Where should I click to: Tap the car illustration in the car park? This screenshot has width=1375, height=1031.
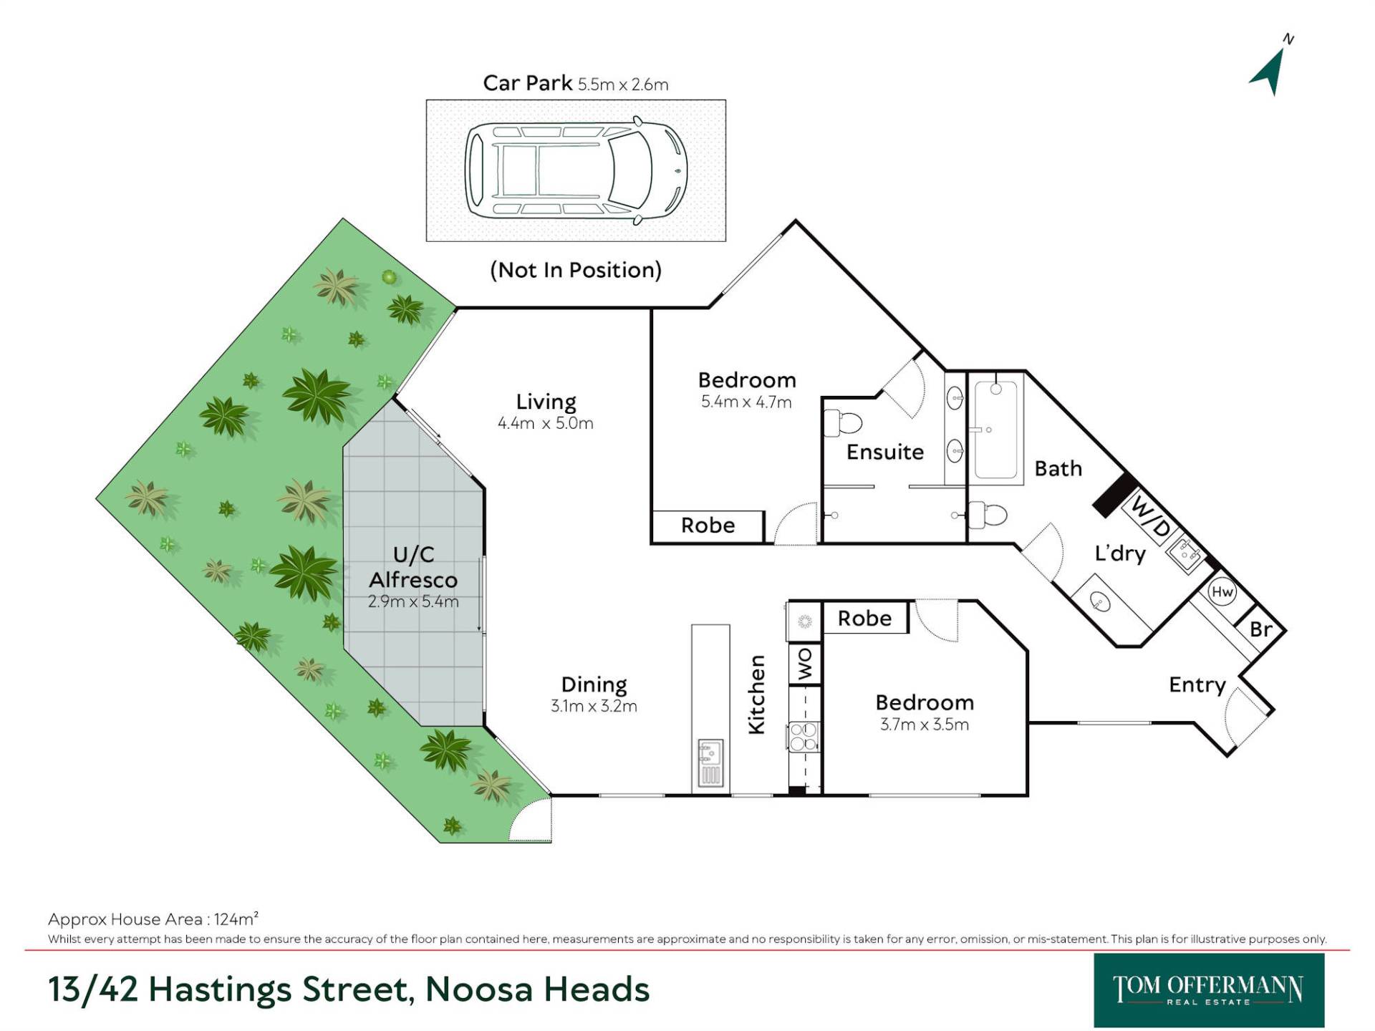(x=576, y=170)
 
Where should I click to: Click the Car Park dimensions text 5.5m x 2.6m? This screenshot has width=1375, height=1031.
(x=623, y=84)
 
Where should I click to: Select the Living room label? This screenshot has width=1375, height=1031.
(x=546, y=402)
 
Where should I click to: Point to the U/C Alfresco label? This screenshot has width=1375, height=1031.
(x=413, y=567)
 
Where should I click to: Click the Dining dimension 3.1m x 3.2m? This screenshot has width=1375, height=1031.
(x=594, y=706)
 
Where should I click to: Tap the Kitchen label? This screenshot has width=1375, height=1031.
(x=756, y=694)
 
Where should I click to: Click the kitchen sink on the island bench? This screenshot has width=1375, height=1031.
(x=710, y=763)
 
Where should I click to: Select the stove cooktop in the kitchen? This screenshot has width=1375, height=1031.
(x=803, y=737)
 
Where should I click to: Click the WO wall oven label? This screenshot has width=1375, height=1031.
(x=805, y=664)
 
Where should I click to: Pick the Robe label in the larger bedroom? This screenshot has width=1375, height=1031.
(x=708, y=526)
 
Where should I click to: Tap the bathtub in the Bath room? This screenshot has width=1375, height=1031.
(x=995, y=430)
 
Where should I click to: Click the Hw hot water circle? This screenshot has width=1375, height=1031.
(x=1222, y=592)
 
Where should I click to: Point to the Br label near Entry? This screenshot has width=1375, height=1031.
(x=1260, y=629)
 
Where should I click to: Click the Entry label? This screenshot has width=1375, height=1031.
(x=1197, y=685)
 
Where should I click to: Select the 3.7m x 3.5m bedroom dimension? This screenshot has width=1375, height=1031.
(x=924, y=725)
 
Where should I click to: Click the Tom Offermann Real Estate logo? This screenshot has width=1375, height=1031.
(x=1209, y=990)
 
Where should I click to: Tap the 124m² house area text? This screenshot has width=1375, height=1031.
(x=236, y=919)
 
